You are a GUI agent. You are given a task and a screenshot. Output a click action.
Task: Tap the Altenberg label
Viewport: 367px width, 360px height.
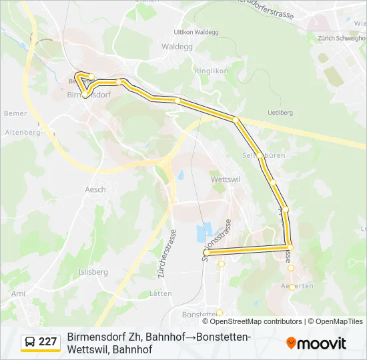pyautogui.click(x=23, y=133)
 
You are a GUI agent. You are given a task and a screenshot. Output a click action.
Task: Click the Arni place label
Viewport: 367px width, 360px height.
pyautogui.click(x=18, y=293)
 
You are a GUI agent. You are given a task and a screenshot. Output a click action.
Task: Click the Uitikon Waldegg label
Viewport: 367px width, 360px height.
pyautogui.click(x=196, y=31)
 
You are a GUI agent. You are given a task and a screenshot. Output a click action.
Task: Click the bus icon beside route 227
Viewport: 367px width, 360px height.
pyautogui.click(x=31, y=342)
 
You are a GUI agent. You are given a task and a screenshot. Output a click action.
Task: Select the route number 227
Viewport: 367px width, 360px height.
pyautogui.click(x=47, y=342)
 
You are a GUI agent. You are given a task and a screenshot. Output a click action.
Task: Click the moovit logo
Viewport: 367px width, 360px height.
pyautogui.click(x=316, y=343)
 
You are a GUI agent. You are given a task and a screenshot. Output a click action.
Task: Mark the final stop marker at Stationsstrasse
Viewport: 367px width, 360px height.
pyautogui.click(x=206, y=253)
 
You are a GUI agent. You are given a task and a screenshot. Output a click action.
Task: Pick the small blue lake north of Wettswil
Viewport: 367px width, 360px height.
pyautogui.click(x=180, y=176)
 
